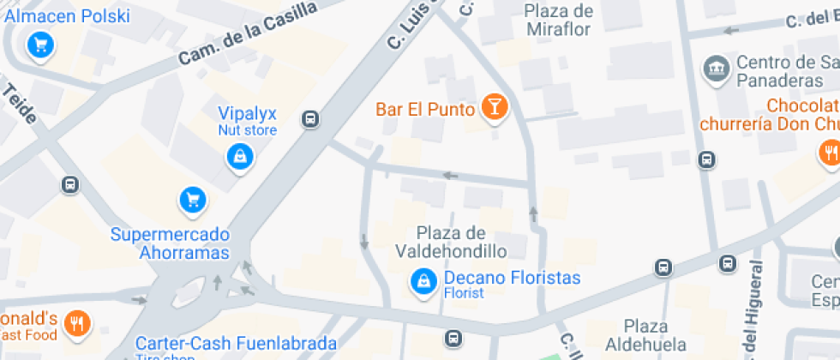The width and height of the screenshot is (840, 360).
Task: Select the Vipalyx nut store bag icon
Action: coord(239,156)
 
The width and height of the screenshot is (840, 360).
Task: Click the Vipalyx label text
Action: coord(247,114)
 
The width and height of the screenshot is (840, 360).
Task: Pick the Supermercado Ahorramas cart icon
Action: coord(193,201)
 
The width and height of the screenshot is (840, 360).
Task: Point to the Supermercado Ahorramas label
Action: coord(171,243)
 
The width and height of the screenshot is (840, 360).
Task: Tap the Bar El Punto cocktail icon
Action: coord(495,107)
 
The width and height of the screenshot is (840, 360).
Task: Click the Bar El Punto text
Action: coord(425,110)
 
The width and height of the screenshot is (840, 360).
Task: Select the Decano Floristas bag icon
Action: coord(422,280)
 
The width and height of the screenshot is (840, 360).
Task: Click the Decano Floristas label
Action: coord(512,279)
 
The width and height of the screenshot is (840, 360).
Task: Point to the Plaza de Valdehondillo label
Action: coord(451,242)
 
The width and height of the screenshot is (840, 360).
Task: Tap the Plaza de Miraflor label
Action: coord(558,20)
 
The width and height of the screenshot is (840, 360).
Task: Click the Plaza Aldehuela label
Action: coord(645,335)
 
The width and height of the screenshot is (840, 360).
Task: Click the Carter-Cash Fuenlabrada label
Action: coord(236,344)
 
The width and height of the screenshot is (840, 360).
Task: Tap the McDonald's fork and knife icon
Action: coord(78,323)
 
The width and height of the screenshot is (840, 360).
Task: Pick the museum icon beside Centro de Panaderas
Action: coord(714,68)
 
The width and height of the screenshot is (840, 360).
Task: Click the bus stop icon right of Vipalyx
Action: coord(311,119)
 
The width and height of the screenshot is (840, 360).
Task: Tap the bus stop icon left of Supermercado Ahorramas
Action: coord(70,184)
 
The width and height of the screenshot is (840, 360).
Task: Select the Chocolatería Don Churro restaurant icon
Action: coord(828,153)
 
